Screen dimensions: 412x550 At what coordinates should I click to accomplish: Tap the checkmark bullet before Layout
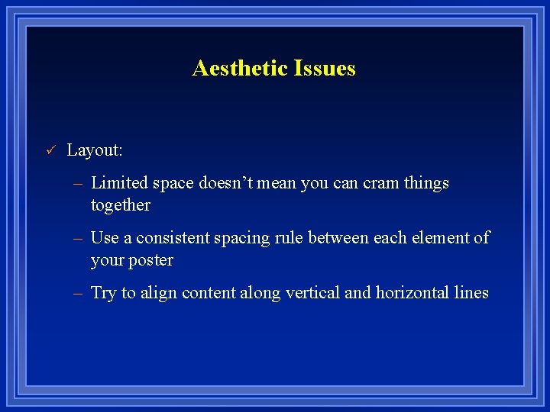50,150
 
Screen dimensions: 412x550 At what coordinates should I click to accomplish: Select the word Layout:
95,150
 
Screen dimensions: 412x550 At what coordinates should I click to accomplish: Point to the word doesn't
224,183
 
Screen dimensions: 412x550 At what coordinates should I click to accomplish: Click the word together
120,205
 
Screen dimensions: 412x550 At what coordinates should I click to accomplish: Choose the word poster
150,260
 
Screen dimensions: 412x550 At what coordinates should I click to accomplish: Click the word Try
103,293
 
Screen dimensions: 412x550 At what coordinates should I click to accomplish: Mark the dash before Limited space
78,184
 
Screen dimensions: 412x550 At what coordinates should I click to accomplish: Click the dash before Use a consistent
78,239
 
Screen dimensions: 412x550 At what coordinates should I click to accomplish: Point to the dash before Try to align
78,294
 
